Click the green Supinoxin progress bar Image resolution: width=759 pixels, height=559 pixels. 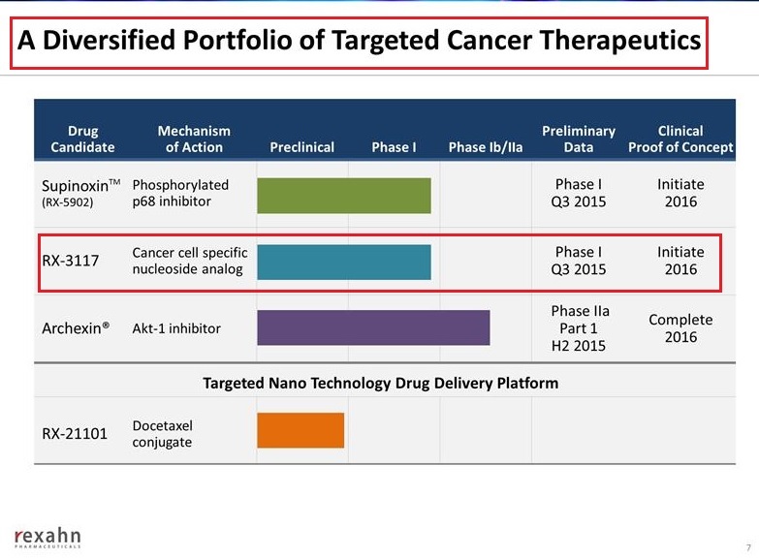343,195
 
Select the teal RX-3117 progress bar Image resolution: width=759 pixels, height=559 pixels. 343,262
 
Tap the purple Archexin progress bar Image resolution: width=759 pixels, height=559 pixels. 373,327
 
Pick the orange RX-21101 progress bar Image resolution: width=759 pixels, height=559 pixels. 300,430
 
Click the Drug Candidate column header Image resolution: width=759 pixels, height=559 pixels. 82,140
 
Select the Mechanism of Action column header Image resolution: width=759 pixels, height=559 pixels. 194,140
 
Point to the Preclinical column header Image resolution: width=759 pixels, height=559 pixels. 301,147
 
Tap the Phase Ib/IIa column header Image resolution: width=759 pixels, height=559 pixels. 486,147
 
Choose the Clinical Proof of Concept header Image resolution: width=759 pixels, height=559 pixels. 680,140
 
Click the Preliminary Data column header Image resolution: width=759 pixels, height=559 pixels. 579,140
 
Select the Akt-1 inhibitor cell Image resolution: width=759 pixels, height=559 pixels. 176,328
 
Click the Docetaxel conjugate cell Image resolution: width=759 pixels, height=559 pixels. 162,433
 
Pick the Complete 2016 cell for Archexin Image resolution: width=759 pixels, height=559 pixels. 680,328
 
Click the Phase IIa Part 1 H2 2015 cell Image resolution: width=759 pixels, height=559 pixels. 579,328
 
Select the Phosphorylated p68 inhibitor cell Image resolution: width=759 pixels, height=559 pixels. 180,193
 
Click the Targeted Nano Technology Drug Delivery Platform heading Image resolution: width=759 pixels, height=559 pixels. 380,383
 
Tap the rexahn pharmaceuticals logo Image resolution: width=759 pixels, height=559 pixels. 47,538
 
